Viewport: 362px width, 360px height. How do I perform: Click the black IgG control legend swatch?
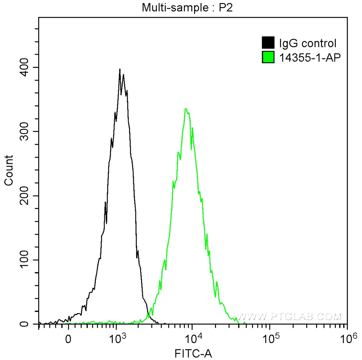click(268, 43)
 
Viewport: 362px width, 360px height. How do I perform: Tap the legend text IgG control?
click(308, 43)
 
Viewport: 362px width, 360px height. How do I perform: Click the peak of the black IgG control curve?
click(120, 69)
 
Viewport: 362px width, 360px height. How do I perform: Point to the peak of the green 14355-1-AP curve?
click(186, 109)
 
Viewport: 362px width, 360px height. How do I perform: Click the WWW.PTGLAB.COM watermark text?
click(289, 316)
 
